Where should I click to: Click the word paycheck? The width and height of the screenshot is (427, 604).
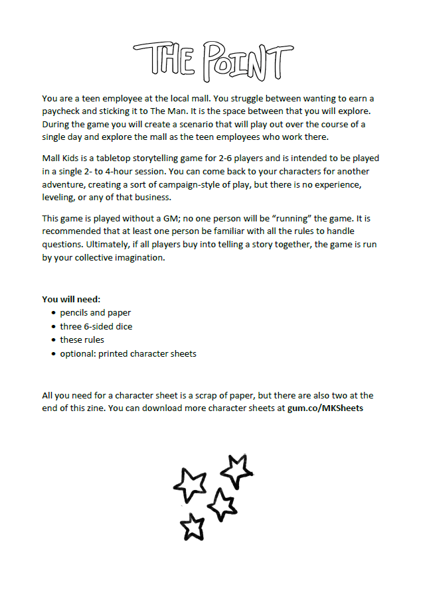(62, 111)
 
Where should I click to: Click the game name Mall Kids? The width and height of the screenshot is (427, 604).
(62, 158)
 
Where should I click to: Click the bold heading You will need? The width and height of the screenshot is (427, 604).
(71, 299)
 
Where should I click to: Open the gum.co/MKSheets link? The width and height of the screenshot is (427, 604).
(325, 408)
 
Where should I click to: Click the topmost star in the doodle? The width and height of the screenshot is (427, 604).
(235, 470)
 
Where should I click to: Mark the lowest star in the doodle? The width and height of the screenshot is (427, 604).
(193, 526)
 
